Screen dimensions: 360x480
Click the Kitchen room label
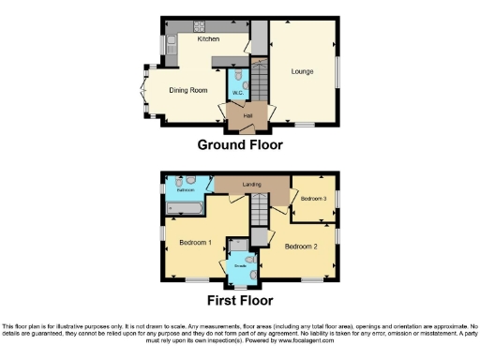click(x=208, y=39)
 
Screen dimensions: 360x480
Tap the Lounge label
click(x=302, y=70)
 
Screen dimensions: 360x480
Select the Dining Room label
click(x=187, y=90)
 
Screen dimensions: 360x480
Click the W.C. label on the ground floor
click(x=237, y=93)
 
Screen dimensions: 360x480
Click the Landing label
click(x=251, y=184)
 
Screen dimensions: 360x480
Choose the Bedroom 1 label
click(x=195, y=242)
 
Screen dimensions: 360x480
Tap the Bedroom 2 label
click(x=302, y=246)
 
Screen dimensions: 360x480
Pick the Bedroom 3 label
click(x=313, y=198)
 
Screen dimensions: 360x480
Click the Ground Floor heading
click(x=239, y=145)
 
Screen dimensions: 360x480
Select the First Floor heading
click(x=240, y=301)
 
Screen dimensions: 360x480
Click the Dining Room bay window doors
click(x=144, y=95)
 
